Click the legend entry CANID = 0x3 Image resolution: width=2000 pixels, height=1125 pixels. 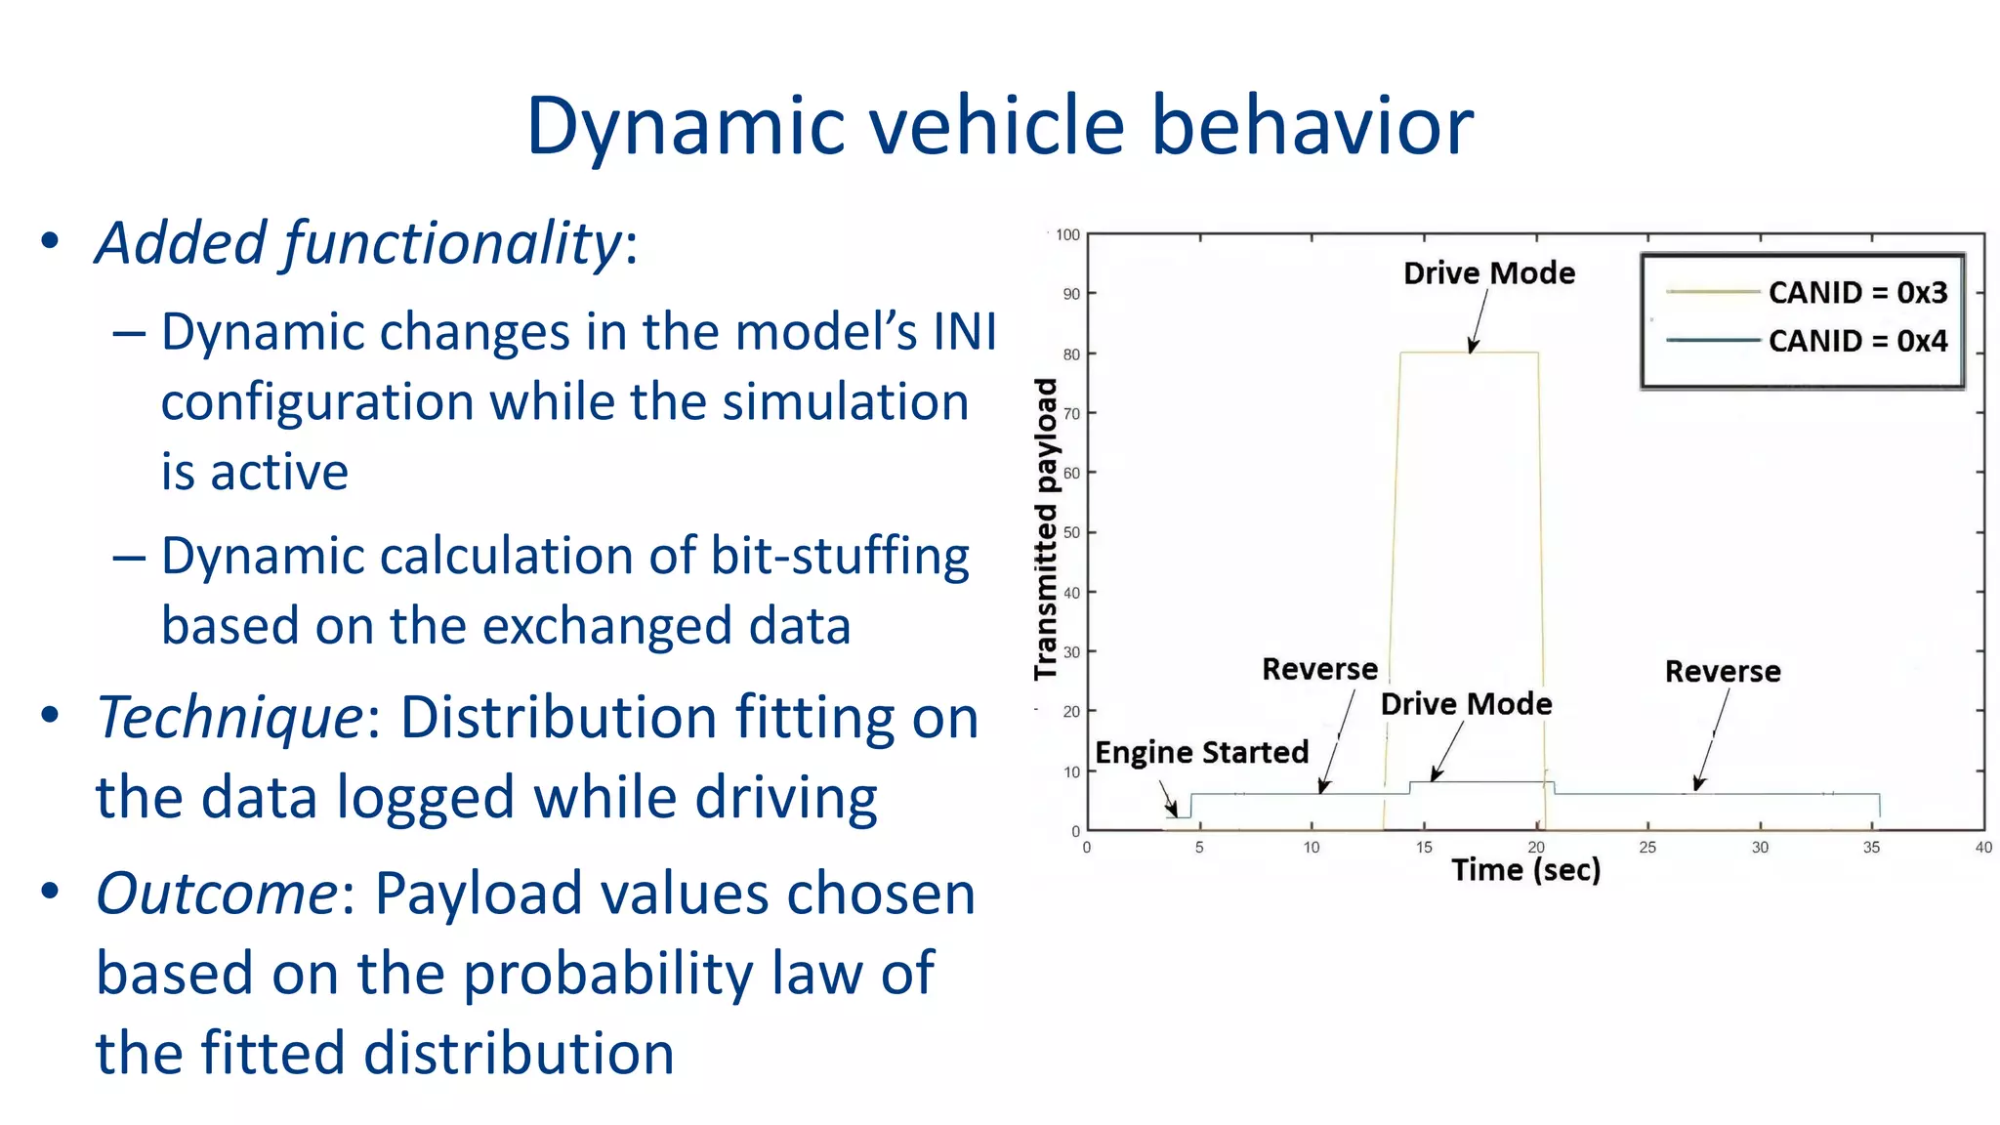[x=1856, y=292]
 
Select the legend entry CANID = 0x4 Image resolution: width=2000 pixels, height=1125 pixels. [x=1856, y=341]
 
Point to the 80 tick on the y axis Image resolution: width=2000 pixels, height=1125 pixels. [x=1071, y=354]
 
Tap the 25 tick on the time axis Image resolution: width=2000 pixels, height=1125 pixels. [x=1647, y=848]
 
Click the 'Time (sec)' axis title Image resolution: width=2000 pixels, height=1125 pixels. [x=1525, y=869]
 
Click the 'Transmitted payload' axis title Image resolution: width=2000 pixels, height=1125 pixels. [x=1046, y=528]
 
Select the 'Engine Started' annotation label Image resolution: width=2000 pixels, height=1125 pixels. [x=1201, y=752]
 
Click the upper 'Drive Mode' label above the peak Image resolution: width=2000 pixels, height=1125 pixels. [x=1488, y=273]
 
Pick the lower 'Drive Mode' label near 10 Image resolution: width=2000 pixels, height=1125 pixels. [x=1465, y=704]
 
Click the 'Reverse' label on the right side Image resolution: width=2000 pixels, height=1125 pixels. [x=1722, y=672]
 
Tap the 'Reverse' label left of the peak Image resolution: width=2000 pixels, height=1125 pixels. [x=1319, y=669]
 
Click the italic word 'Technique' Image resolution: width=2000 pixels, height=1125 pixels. [x=230, y=719]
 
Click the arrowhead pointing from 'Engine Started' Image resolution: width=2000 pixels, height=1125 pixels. [x=1174, y=811]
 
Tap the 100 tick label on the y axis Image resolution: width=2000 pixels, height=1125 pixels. [x=1067, y=235]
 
